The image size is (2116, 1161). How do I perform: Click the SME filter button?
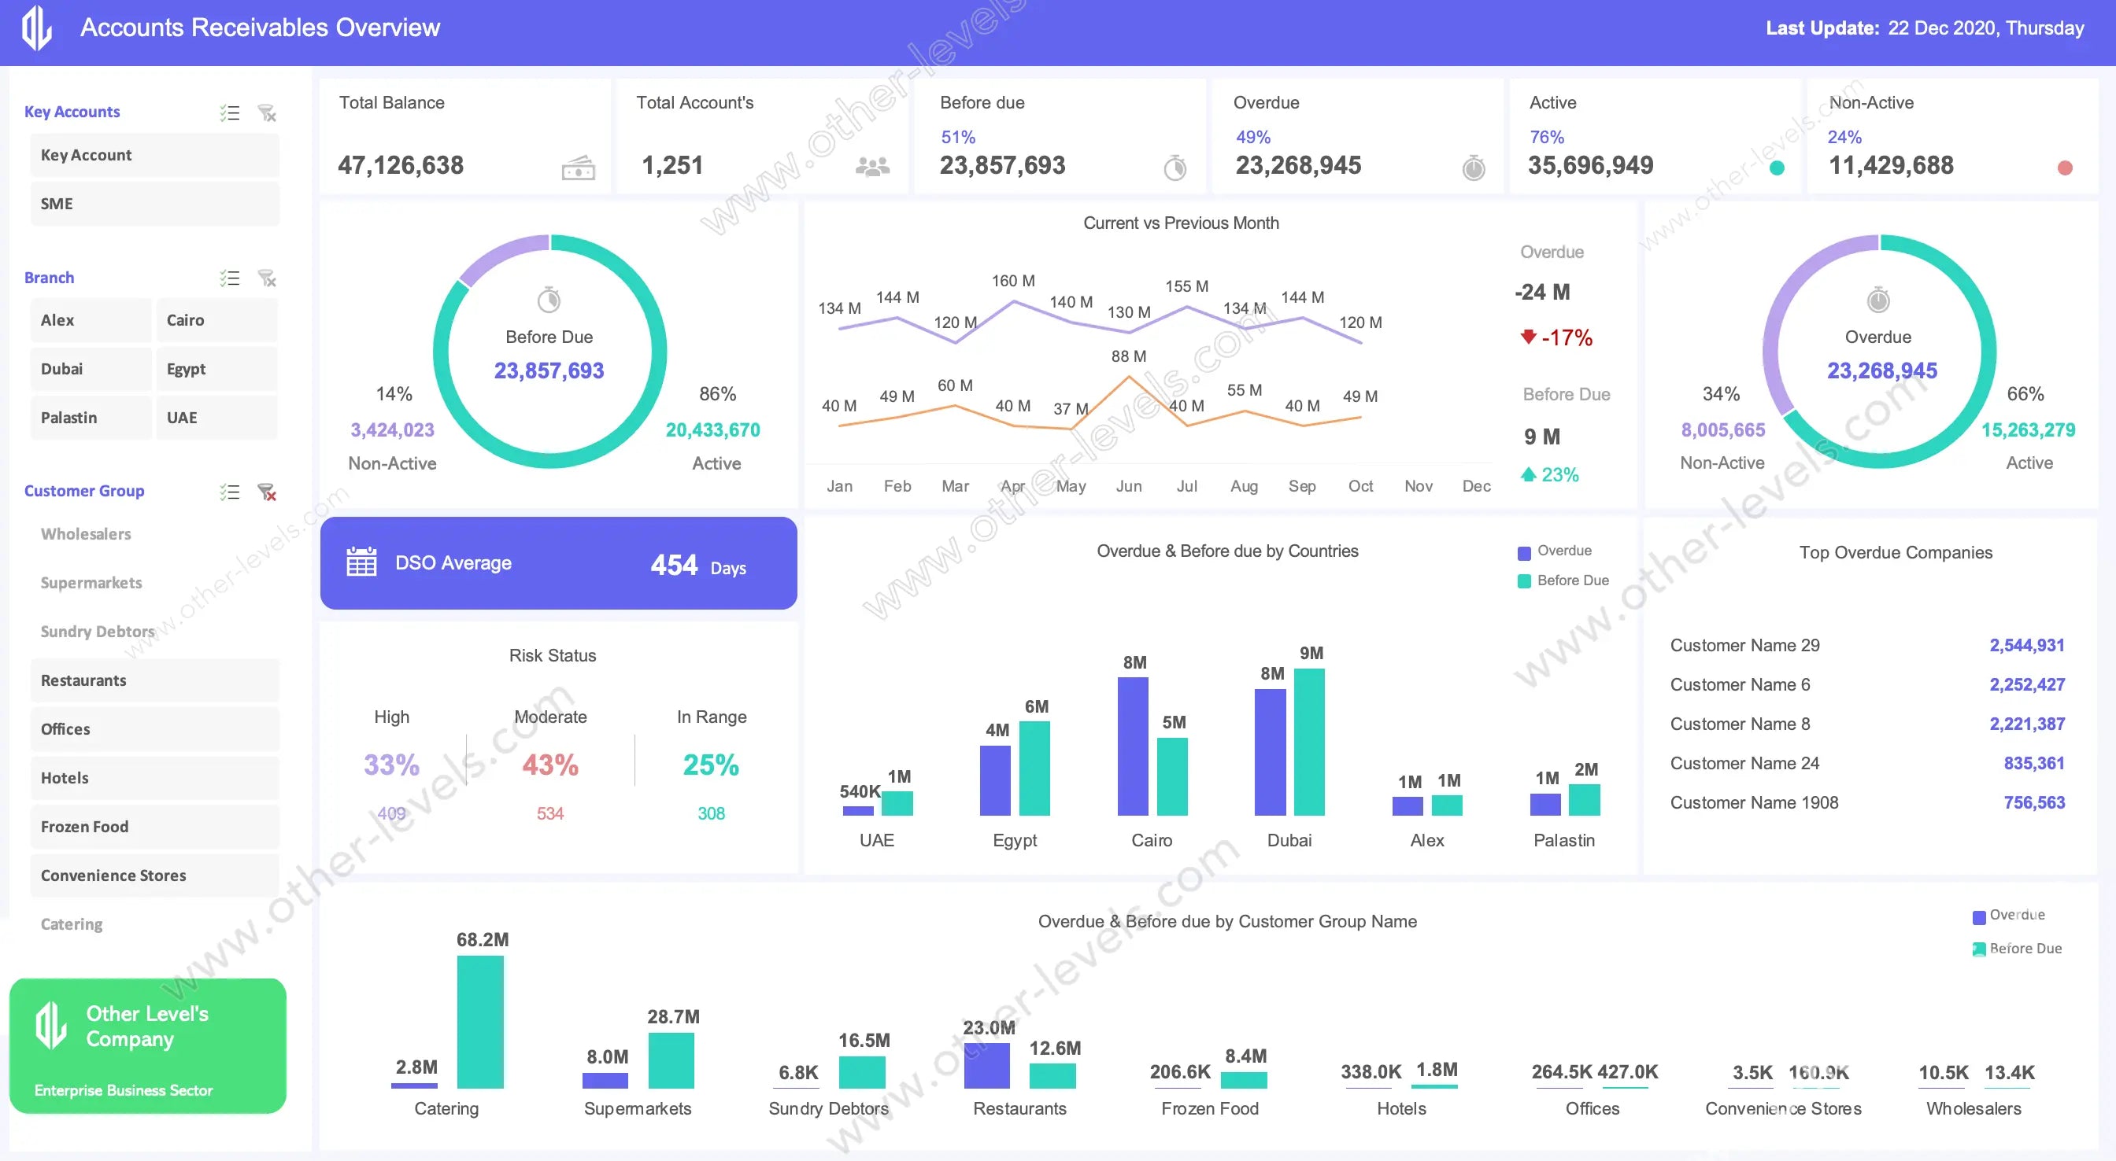click(x=154, y=204)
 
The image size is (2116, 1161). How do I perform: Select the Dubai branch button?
click(x=91, y=369)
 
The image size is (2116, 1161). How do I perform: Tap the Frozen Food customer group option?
click(x=154, y=827)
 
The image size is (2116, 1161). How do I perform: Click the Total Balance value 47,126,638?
click(x=401, y=166)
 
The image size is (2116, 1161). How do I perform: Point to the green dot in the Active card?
click(x=1777, y=168)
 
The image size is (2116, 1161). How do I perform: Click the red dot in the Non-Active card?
click(x=2065, y=168)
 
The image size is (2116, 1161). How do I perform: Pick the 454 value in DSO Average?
click(x=674, y=565)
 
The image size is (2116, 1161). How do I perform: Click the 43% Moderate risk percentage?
click(x=550, y=765)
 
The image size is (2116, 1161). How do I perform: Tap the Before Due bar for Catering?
click(x=480, y=1022)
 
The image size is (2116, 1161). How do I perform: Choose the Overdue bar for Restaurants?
click(x=986, y=1065)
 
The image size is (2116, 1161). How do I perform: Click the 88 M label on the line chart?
click(x=1129, y=356)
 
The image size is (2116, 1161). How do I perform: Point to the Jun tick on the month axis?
click(x=1129, y=486)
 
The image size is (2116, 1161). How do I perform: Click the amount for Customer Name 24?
click(x=2034, y=764)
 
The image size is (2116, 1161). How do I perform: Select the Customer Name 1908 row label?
click(x=1754, y=803)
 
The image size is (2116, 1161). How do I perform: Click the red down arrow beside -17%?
click(x=1528, y=337)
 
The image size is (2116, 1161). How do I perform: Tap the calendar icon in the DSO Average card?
click(x=361, y=562)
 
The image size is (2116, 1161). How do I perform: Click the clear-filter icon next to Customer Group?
click(x=267, y=492)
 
